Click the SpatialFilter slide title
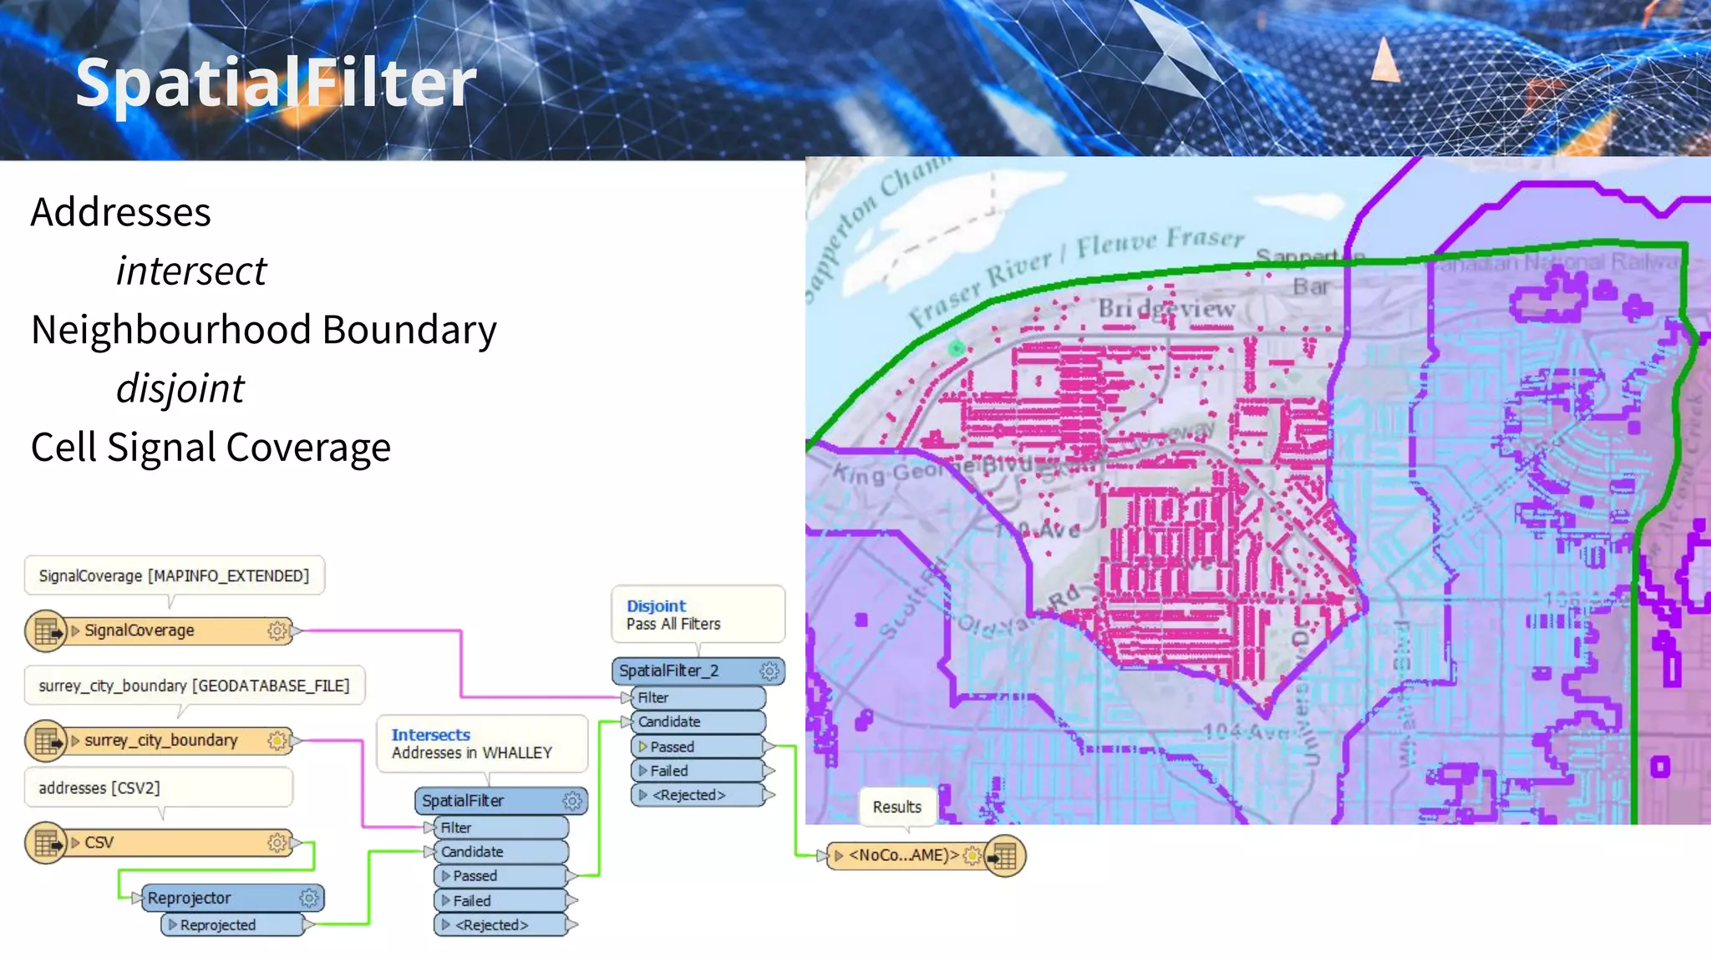(x=276, y=83)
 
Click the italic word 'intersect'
(x=190, y=271)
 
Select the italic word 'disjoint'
(x=180, y=388)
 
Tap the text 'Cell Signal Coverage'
(x=211, y=448)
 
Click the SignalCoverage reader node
(x=159, y=630)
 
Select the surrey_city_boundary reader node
(x=159, y=741)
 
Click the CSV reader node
(x=159, y=843)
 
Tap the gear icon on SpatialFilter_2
(x=769, y=671)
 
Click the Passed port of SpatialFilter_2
(x=698, y=747)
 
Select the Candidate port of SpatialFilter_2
(x=697, y=721)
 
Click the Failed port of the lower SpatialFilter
(x=500, y=900)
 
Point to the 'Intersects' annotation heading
(x=430, y=735)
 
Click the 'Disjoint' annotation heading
(x=656, y=606)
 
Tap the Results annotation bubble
(x=896, y=807)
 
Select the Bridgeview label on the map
(x=1166, y=309)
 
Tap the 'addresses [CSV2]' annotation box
(x=158, y=787)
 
